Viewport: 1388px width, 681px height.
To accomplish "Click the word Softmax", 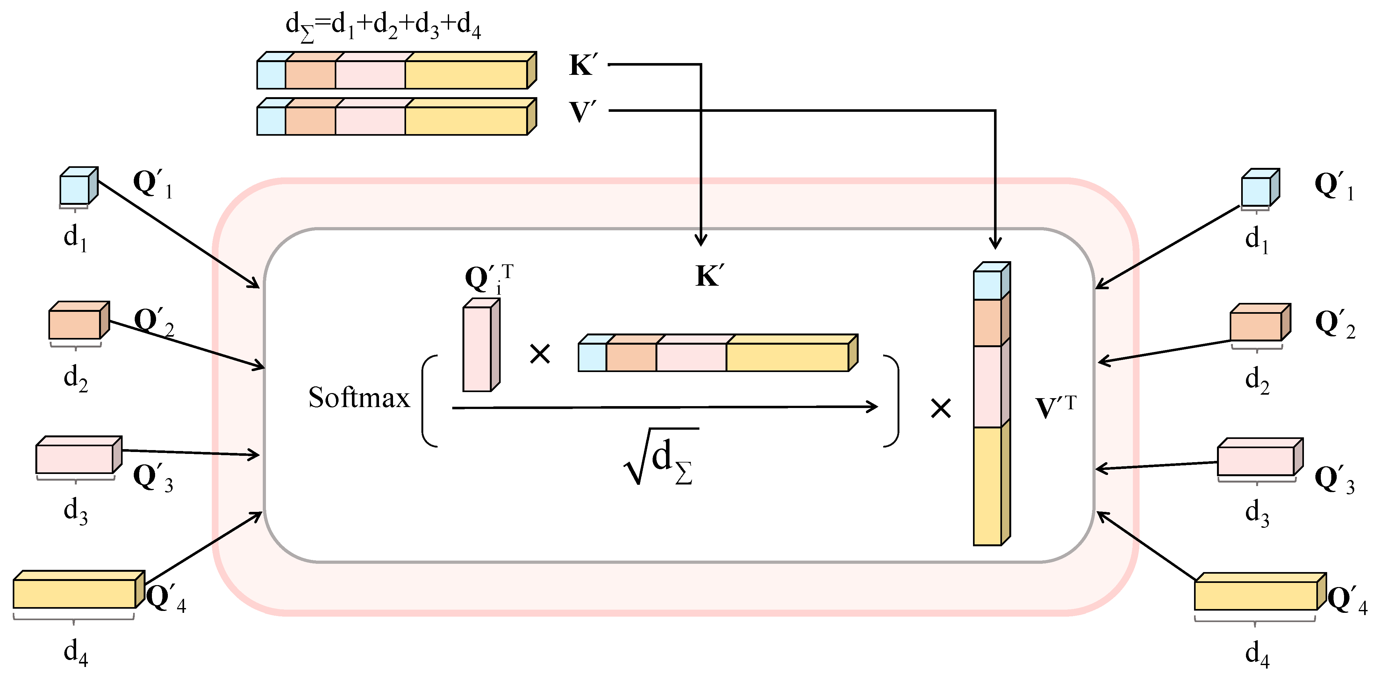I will click(x=359, y=398).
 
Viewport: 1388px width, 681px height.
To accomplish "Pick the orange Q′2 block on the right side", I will click(x=1256, y=326).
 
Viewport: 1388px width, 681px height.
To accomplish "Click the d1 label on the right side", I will click(x=1256, y=239).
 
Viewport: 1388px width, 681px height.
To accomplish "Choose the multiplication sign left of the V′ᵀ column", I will click(x=941, y=408).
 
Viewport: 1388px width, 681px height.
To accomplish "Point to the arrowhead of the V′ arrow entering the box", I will click(x=995, y=244).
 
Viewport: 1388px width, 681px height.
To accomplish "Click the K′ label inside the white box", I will click(x=710, y=276).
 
